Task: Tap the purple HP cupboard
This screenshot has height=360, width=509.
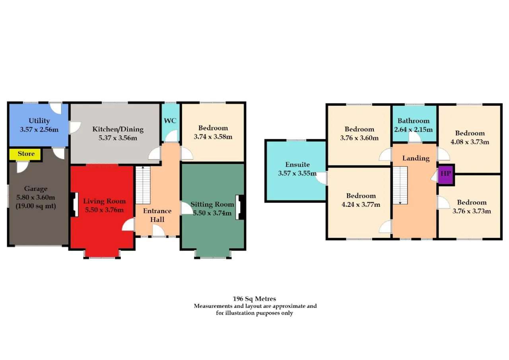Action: [446, 175]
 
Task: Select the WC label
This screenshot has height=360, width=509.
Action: [170, 121]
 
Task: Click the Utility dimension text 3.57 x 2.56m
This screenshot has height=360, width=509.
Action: [39, 130]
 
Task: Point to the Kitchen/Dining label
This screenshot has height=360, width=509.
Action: [118, 129]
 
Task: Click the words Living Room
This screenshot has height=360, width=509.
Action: [104, 201]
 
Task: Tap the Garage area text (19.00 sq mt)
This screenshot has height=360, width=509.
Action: [36, 206]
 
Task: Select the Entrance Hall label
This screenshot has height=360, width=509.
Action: [157, 215]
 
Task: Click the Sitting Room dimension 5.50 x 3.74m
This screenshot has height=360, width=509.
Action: [212, 213]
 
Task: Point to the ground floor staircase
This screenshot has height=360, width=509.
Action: [143, 185]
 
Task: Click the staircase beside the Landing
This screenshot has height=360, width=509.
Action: [400, 185]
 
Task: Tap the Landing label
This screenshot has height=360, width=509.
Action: [416, 158]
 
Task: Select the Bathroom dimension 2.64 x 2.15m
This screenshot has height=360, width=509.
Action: [413, 130]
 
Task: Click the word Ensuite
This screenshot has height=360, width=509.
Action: [297, 165]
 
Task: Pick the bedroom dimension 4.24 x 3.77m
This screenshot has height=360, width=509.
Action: [361, 204]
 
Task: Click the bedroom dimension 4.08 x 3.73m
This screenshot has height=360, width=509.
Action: [470, 142]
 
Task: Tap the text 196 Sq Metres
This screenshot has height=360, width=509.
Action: [254, 299]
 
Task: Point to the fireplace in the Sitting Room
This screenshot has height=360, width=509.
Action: [239, 207]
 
